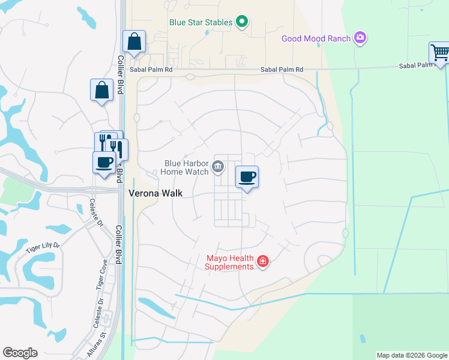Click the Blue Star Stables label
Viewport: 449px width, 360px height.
click(200, 23)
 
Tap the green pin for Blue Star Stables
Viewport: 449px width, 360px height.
click(242, 22)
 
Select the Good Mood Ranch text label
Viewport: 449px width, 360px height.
click(316, 39)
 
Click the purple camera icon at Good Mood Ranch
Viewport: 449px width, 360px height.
click(360, 38)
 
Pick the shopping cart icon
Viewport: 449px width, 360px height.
click(439, 52)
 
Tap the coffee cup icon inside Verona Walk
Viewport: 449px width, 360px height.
click(247, 176)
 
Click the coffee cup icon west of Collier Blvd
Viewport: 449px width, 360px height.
click(104, 161)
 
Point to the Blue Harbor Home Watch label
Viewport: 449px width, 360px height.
click(187, 167)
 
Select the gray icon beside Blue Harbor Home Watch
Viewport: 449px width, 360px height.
click(218, 167)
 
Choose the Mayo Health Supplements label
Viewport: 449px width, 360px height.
click(230, 262)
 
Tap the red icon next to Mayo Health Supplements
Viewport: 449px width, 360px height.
click(262, 262)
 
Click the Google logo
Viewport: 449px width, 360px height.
click(20, 353)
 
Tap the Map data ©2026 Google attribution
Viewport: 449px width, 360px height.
click(412, 355)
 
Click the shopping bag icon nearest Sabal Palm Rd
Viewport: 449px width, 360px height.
click(134, 41)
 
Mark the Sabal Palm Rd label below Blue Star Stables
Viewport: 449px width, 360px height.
click(282, 70)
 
